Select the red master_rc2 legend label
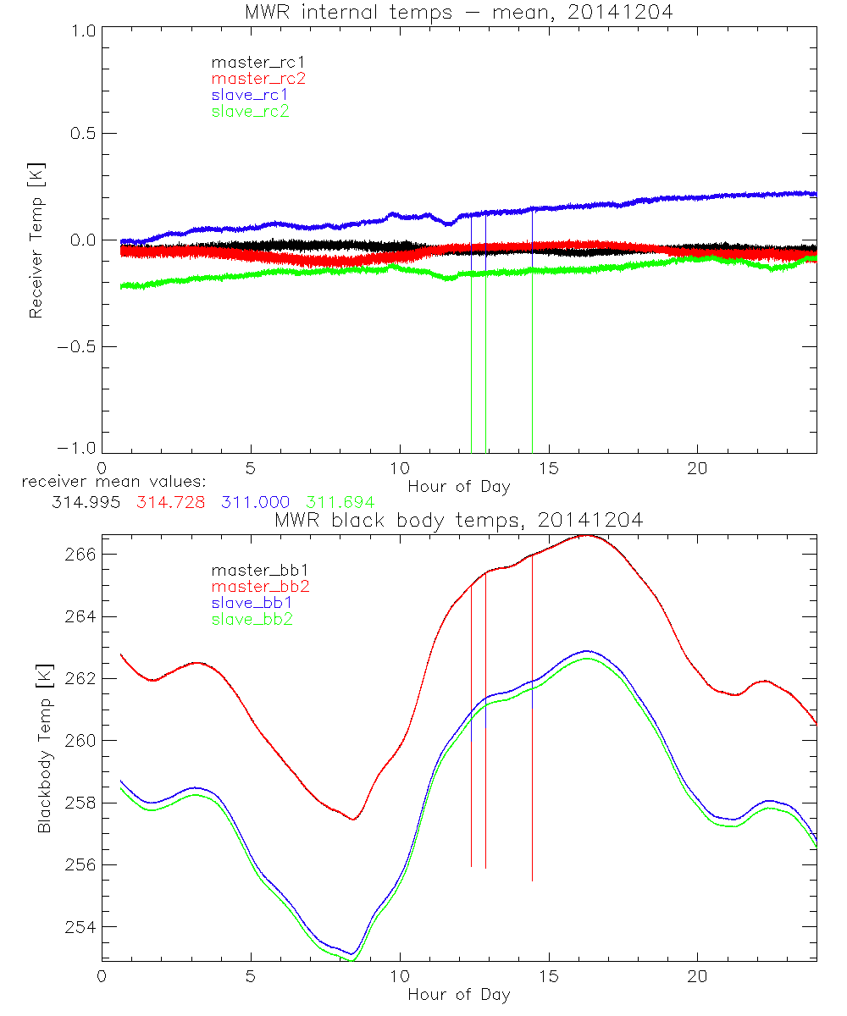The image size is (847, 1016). (x=258, y=79)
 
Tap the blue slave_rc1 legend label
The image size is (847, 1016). (x=250, y=95)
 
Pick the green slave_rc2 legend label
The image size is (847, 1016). (x=250, y=111)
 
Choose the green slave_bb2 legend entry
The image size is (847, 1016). (x=253, y=619)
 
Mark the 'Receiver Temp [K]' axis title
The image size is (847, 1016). (x=36, y=240)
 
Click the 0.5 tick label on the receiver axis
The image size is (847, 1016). (x=81, y=134)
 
